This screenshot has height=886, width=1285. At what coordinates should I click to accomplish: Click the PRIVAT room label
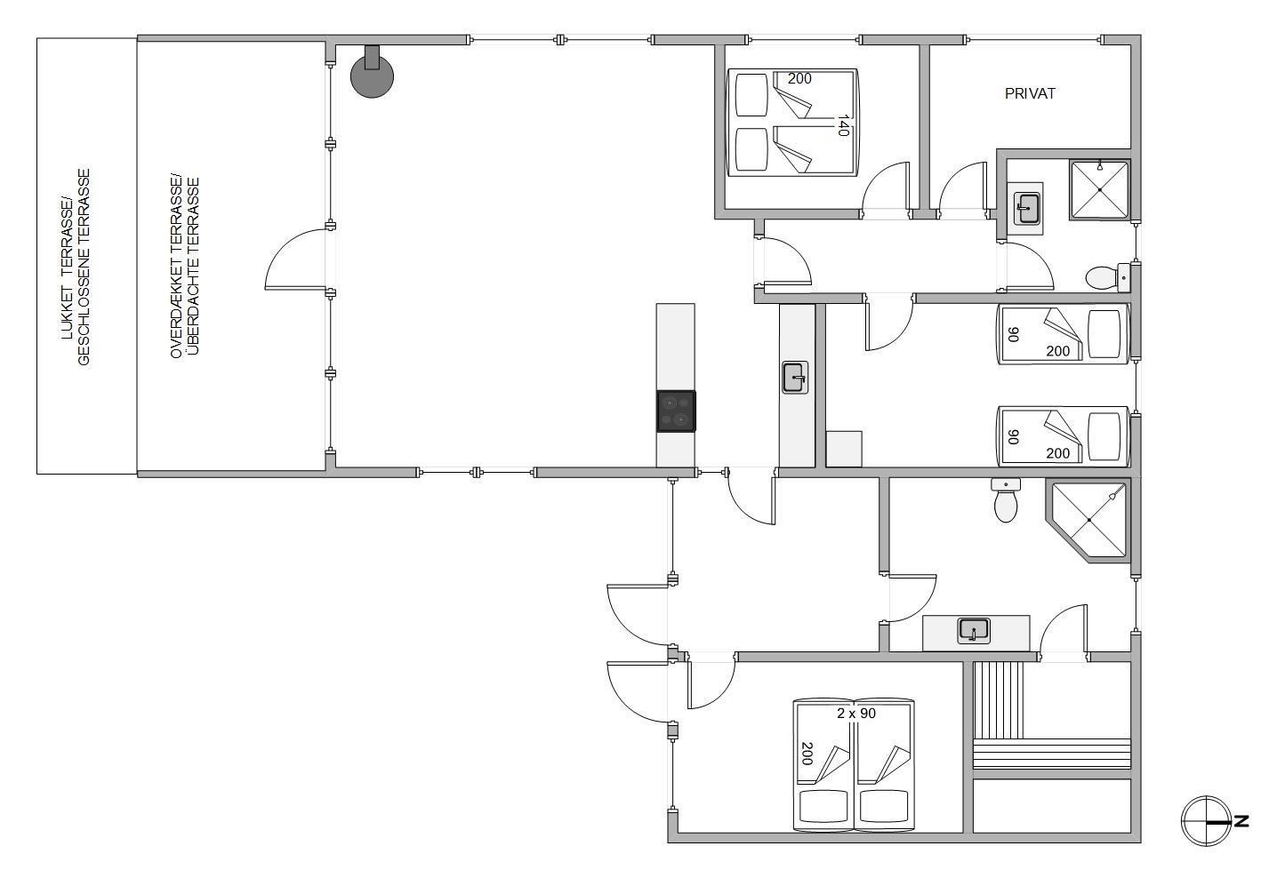[1030, 93]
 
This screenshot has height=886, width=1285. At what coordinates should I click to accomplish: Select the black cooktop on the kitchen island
[676, 411]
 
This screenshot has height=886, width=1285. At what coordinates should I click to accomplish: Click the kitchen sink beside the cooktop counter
[795, 377]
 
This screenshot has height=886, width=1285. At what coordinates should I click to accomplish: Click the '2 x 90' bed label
[855, 714]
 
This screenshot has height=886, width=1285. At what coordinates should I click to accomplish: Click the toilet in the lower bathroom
[1006, 499]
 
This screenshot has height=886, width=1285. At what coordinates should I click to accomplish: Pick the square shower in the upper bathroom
[1100, 189]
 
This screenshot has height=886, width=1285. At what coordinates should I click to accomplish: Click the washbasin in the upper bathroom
[1026, 209]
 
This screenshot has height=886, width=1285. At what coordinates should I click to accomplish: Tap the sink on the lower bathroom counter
[974, 631]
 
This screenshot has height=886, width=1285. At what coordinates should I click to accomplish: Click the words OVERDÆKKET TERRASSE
[176, 267]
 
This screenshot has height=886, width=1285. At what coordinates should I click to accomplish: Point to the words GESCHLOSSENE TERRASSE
[84, 267]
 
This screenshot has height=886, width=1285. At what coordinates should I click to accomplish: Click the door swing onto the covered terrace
[295, 259]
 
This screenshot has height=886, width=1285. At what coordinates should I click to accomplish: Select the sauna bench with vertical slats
[999, 699]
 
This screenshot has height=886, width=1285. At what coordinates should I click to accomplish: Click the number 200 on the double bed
[799, 78]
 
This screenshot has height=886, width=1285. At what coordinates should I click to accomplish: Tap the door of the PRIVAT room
[962, 190]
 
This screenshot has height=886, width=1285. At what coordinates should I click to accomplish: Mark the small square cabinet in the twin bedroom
[844, 449]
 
